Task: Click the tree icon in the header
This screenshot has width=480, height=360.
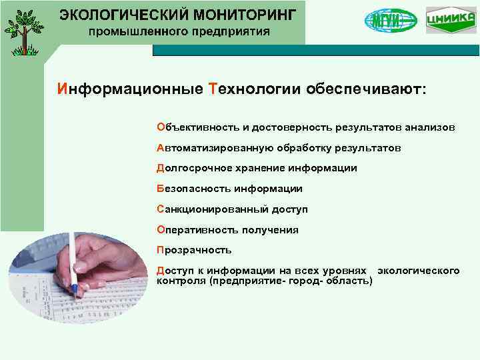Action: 24,31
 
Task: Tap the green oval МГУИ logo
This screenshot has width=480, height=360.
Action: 391,21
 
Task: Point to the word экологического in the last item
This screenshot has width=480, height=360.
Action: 418,271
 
